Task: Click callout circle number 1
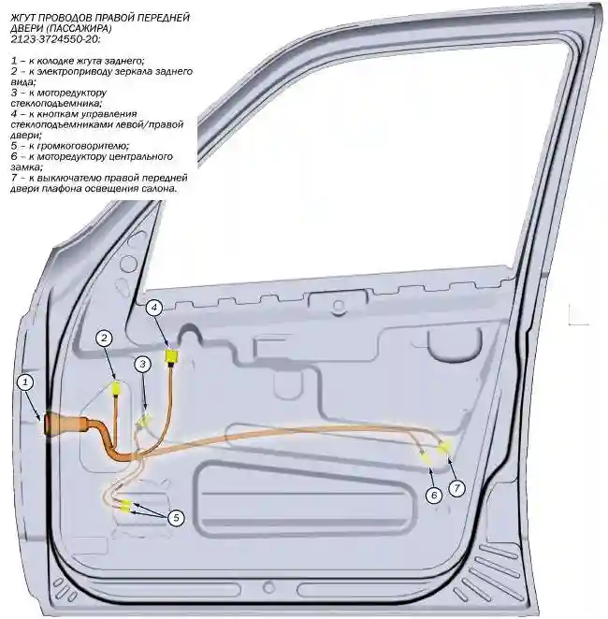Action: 25,382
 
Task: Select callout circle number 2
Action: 104,338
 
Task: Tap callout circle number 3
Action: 143,364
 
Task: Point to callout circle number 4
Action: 154,307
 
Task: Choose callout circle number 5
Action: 176,517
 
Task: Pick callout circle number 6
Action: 434,495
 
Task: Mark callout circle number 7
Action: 456,488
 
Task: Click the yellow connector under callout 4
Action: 172,356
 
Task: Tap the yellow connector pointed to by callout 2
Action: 117,388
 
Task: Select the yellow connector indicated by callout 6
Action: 427,459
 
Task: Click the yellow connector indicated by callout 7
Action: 444,448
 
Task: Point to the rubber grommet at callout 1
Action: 65,424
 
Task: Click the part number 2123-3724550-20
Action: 56,39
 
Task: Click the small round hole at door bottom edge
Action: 268,588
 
